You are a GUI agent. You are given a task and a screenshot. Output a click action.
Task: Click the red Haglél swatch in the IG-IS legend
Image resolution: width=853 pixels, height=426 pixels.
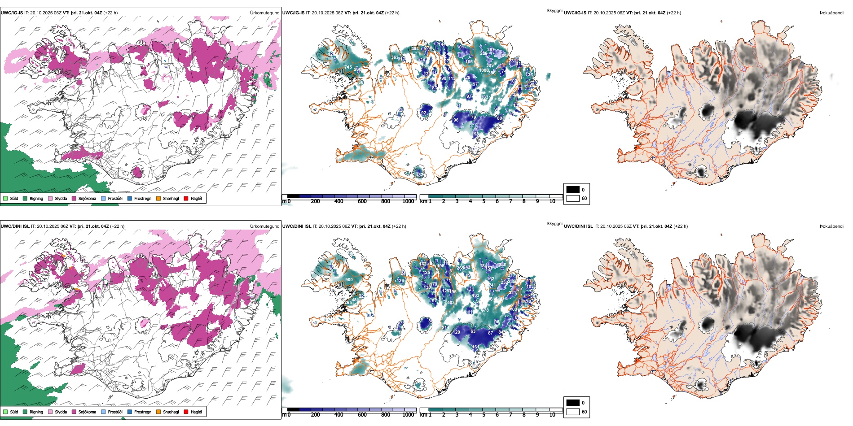pyautogui.click(x=186, y=198)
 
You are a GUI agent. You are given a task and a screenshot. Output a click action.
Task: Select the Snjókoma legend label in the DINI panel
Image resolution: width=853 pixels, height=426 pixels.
pyautogui.click(x=87, y=412)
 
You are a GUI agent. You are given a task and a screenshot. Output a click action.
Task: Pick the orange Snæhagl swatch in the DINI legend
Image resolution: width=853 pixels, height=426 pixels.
pyautogui.click(x=158, y=412)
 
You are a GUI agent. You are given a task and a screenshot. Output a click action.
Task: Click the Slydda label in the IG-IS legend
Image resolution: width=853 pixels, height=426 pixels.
pyautogui.click(x=61, y=198)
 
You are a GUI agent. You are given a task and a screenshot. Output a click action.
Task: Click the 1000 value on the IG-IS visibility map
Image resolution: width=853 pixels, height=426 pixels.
pyautogui.click(x=484, y=70)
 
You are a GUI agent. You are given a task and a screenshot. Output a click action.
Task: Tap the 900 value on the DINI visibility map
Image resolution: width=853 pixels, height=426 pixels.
pyautogui.click(x=349, y=280)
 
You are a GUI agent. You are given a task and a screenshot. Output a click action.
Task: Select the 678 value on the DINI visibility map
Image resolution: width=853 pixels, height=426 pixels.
pyautogui.click(x=485, y=310)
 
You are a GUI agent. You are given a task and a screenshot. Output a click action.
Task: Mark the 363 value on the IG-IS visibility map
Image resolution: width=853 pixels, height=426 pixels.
pyautogui.click(x=395, y=57)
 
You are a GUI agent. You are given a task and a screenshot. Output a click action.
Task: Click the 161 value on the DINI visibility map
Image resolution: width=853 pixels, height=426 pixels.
pyautogui.click(x=475, y=347)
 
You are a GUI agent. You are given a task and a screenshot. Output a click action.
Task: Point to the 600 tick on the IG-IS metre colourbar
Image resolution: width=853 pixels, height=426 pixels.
pyautogui.click(x=362, y=201)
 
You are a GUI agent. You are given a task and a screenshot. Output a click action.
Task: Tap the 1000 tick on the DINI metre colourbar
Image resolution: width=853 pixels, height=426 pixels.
pyautogui.click(x=408, y=415)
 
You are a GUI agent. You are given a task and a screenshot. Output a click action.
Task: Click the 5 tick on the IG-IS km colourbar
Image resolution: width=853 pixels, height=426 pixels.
pyautogui.click(x=484, y=201)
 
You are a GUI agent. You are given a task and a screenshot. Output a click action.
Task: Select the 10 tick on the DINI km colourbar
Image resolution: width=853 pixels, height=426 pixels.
pyautogui.click(x=552, y=415)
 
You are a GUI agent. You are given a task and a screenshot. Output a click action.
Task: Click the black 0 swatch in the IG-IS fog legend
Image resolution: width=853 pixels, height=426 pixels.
pyautogui.click(x=573, y=190)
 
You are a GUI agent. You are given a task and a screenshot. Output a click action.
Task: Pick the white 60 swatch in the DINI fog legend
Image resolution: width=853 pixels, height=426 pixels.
pyautogui.click(x=573, y=412)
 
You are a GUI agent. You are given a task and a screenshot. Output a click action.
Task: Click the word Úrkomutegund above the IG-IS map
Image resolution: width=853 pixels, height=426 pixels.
pyautogui.click(x=264, y=13)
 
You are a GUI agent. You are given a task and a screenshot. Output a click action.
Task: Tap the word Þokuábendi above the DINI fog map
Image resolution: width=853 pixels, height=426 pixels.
pyautogui.click(x=831, y=226)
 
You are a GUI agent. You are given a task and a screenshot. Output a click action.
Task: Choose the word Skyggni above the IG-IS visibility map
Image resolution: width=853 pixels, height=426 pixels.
pyautogui.click(x=554, y=11)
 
